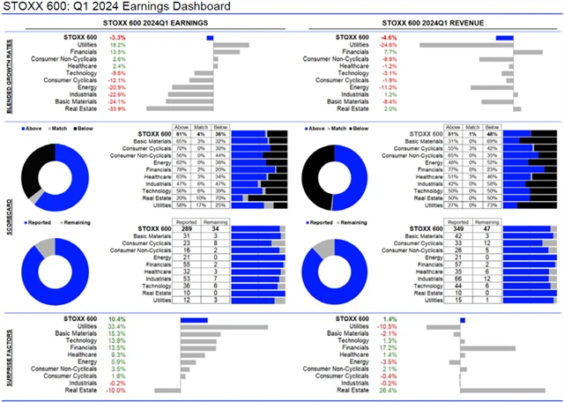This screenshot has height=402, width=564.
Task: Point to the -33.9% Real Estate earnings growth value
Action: [116, 109]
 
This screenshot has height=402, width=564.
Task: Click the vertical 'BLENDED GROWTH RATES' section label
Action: [9, 73]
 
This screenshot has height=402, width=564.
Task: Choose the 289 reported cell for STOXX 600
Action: [187, 228]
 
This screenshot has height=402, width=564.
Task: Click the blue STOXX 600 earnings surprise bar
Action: [193, 319]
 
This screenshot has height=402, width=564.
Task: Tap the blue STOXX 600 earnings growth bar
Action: [210, 37]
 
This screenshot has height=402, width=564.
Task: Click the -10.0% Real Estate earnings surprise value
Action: [116, 391]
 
